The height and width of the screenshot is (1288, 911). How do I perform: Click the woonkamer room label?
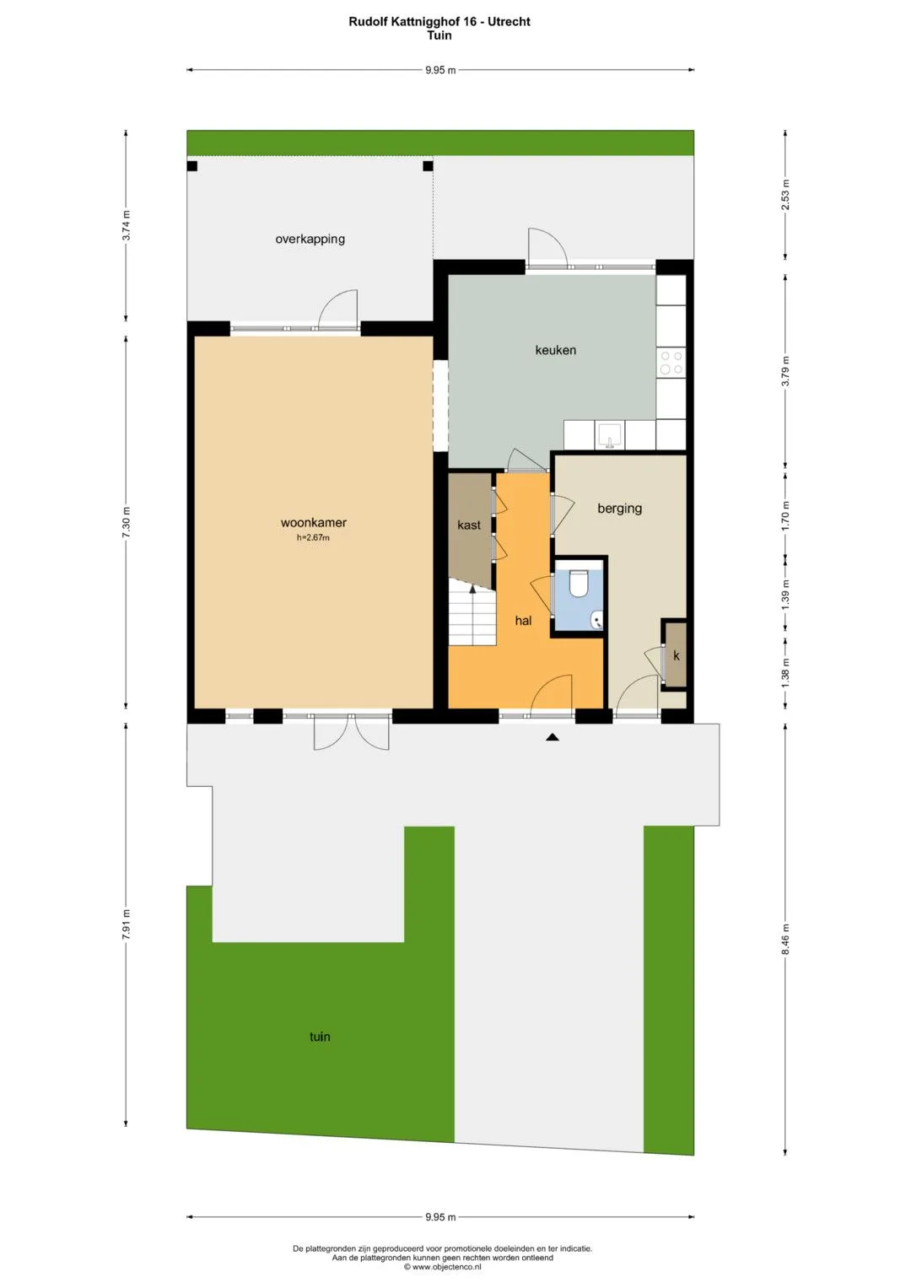pyautogui.click(x=314, y=523)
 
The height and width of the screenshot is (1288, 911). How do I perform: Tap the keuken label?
pyautogui.click(x=556, y=350)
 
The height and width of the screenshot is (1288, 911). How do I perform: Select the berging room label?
pyautogui.click(x=619, y=509)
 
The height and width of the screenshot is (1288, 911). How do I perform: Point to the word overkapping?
pyautogui.click(x=310, y=240)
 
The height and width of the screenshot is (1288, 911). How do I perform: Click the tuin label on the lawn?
pyautogui.click(x=320, y=1036)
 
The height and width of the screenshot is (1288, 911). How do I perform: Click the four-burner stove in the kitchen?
pyautogui.click(x=671, y=363)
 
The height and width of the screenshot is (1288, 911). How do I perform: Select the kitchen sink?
pyautogui.click(x=610, y=435)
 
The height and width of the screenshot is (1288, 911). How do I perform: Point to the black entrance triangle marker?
pyautogui.click(x=553, y=737)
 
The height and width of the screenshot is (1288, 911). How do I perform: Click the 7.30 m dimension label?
pyautogui.click(x=126, y=522)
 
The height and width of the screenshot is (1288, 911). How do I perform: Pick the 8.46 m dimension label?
pyautogui.click(x=785, y=939)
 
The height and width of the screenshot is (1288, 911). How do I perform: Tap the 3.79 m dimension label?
pyautogui.click(x=785, y=371)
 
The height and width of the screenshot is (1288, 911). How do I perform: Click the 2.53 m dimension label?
pyautogui.click(x=785, y=195)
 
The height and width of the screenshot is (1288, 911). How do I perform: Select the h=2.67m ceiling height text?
pyautogui.click(x=314, y=538)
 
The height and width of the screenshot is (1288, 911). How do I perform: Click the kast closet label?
pyautogui.click(x=469, y=525)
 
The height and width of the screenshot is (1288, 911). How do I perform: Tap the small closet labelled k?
pyautogui.click(x=676, y=655)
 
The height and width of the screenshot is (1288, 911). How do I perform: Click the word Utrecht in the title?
pyautogui.click(x=509, y=22)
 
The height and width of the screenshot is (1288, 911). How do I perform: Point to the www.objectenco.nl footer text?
pyautogui.click(x=442, y=1266)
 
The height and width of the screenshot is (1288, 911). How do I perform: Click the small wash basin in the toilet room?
pyautogui.click(x=597, y=620)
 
